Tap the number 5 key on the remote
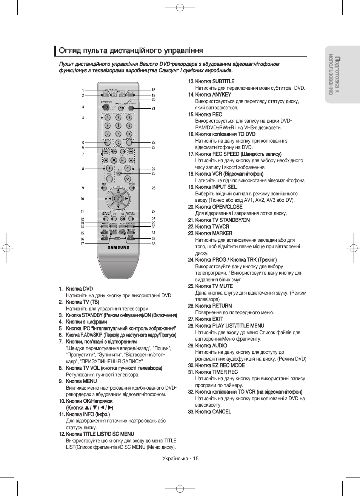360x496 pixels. click(118, 126)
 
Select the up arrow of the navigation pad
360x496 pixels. click(118, 190)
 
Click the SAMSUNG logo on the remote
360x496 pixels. click(118, 247)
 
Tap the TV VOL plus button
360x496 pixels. click(109, 168)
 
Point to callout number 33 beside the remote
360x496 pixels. click(154, 244)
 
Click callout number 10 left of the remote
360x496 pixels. click(82, 199)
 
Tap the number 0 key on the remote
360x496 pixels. click(118, 143)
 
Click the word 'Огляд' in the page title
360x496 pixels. click(68, 51)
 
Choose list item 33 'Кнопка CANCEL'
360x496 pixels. click(213, 412)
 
